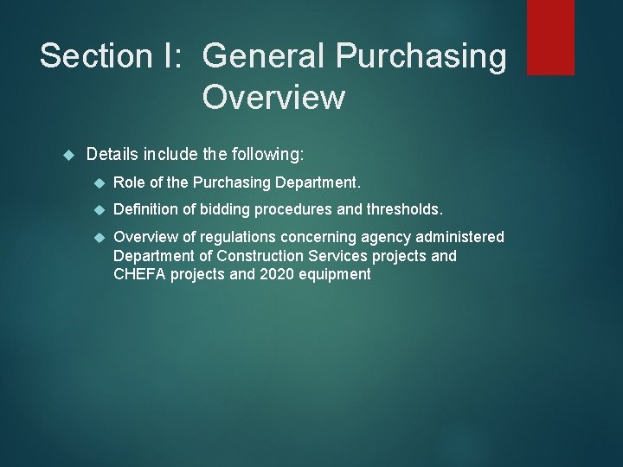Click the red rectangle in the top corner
pyautogui.click(x=550, y=36)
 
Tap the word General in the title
pyautogui.click(x=263, y=55)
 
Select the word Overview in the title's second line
pyautogui.click(x=273, y=97)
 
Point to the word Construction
pyautogui.click(x=263, y=256)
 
